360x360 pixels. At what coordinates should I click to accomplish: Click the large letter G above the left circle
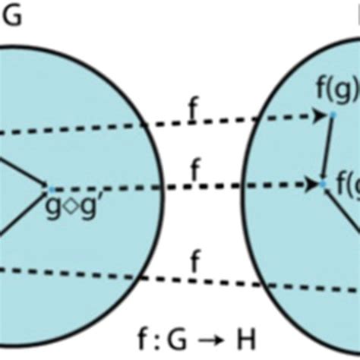pyautogui.click(x=13, y=16)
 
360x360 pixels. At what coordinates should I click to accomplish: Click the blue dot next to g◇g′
pyautogui.click(x=47, y=187)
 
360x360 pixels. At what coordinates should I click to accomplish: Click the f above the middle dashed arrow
pyautogui.click(x=195, y=170)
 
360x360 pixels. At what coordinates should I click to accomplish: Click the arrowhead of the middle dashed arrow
pyautogui.click(x=313, y=184)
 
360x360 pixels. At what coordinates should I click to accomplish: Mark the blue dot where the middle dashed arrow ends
pyautogui.click(x=323, y=184)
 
